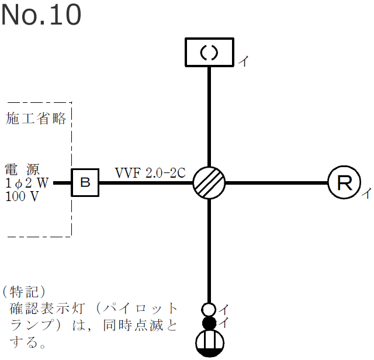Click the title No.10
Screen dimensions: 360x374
pos(41,16)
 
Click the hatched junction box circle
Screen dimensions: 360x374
pos(209,183)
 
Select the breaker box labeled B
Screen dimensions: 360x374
pos(85,183)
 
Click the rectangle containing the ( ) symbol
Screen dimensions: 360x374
pos(209,53)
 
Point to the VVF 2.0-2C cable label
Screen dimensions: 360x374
pos(150,172)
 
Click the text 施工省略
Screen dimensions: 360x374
pos(36,119)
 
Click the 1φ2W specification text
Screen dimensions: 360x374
pos(27,184)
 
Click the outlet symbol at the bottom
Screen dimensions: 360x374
pos(209,344)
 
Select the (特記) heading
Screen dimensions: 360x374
pos(23,291)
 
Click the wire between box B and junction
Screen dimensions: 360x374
pos(146,183)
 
